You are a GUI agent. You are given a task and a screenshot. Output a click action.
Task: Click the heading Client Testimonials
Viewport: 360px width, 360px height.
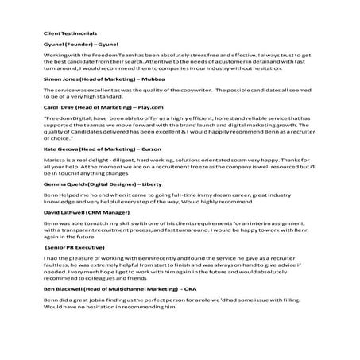click(71, 34)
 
